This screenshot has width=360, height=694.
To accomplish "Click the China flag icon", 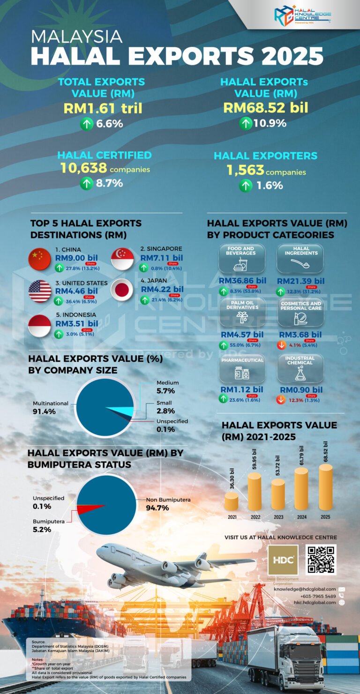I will (40, 259).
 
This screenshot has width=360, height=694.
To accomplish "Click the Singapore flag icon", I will (122, 259).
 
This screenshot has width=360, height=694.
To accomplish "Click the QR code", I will (321, 560).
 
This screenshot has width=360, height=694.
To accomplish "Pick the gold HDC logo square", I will (283, 560).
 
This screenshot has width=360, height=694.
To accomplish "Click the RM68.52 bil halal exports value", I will (265, 107).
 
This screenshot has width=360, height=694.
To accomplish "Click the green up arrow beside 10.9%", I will (245, 123).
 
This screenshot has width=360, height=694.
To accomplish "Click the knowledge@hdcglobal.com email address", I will (305, 589).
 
